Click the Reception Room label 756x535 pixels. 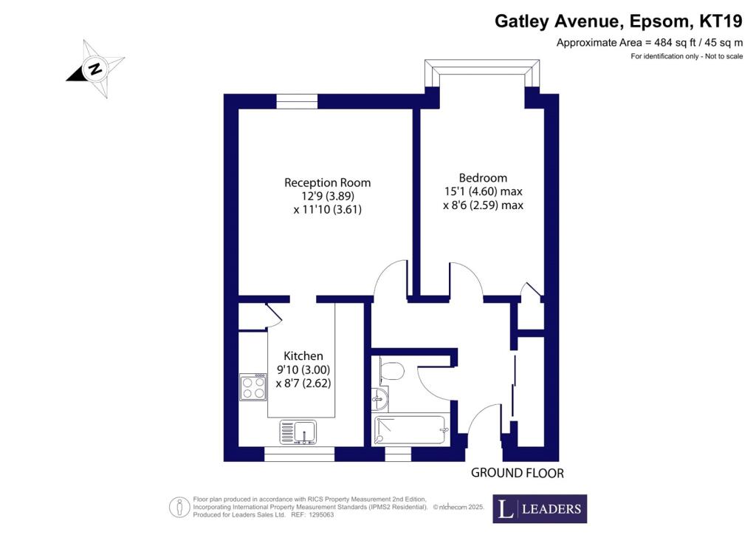click(327, 183)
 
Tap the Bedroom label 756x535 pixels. click(483, 178)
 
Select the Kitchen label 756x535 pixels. click(303, 356)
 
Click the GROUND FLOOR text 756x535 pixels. click(518, 473)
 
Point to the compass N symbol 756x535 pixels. click(95, 69)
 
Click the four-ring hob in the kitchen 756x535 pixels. click(253, 387)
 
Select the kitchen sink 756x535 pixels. click(298, 432)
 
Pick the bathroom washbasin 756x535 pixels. click(380, 398)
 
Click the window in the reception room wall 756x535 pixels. click(297, 101)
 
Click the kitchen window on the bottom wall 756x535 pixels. click(300, 454)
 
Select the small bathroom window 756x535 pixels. click(398, 454)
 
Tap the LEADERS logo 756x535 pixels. click(540, 508)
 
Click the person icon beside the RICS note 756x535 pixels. click(179, 507)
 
